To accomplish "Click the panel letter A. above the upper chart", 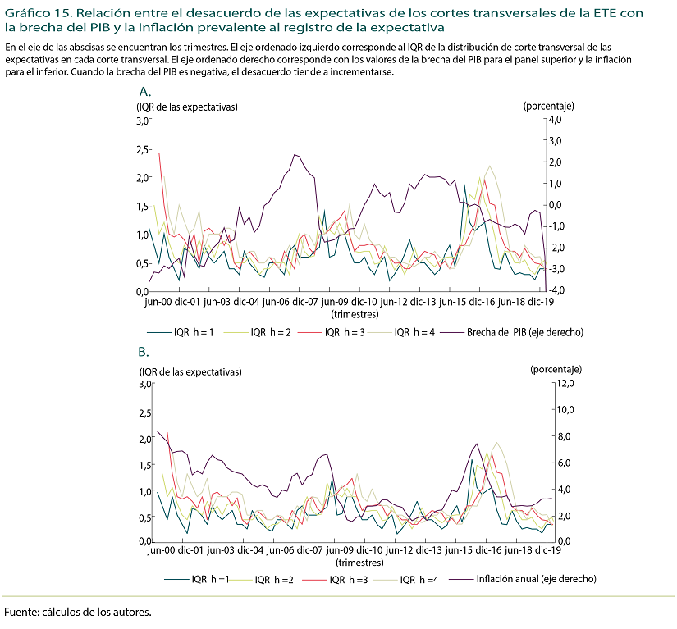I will pyautogui.click(x=145, y=91).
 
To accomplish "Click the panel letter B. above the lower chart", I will pyautogui.click(x=144, y=353).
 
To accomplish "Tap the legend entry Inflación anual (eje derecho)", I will pyautogui.click(x=535, y=579).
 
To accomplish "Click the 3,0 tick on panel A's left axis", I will pyautogui.click(x=142, y=121).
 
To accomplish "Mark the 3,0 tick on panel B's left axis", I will pyautogui.click(x=142, y=383).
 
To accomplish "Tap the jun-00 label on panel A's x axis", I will pyautogui.click(x=159, y=302).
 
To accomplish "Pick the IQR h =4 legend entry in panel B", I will pyautogui.click(x=419, y=579).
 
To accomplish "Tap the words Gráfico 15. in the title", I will pyautogui.click(x=37, y=14).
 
